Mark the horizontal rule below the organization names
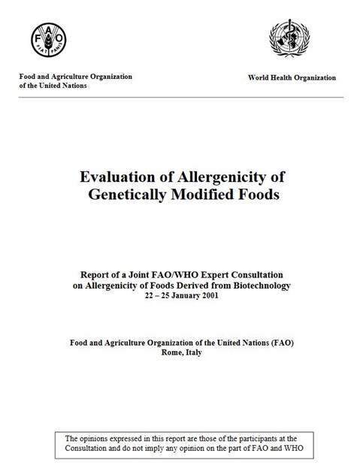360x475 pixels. [180, 97]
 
